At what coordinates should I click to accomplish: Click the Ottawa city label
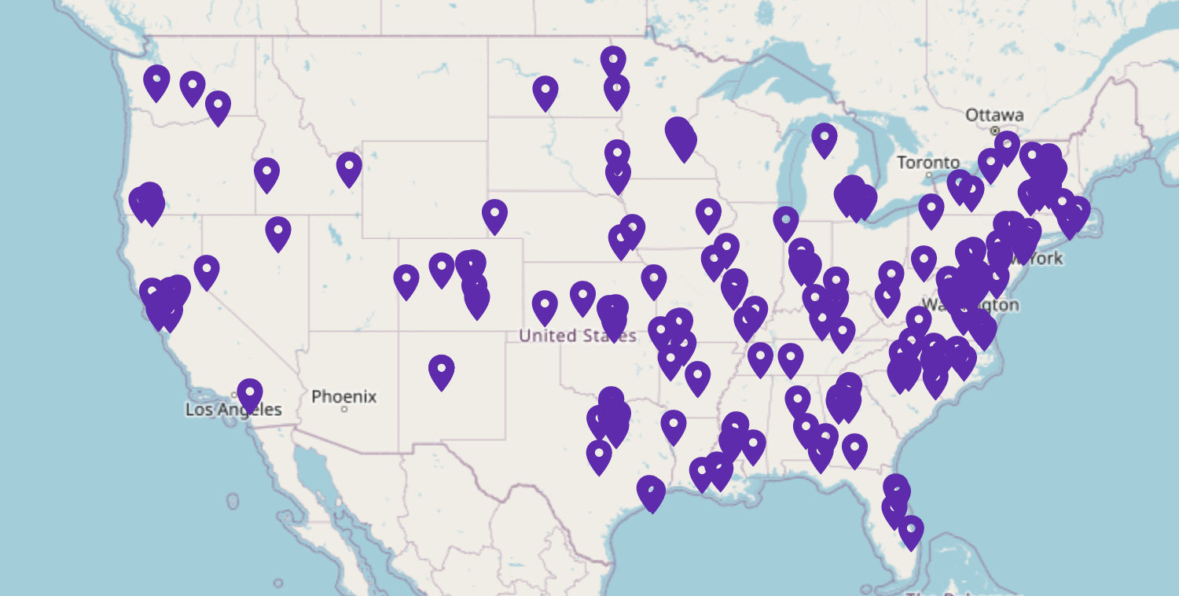click(994, 115)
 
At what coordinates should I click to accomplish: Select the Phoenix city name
click(343, 396)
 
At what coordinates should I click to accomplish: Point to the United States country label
click(577, 336)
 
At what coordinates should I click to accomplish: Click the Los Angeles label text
click(233, 410)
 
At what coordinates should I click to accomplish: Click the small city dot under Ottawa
click(995, 130)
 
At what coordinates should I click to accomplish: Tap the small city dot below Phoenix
click(344, 410)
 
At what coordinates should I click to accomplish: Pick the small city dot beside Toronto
click(928, 175)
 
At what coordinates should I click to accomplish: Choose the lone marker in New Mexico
click(442, 370)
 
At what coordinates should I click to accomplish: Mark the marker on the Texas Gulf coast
click(650, 492)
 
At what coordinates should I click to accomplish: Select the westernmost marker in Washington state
click(156, 81)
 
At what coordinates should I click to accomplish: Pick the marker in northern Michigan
click(824, 138)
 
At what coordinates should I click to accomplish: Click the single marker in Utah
click(277, 233)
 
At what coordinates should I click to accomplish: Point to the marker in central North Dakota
click(545, 92)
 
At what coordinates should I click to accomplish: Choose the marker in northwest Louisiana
click(674, 425)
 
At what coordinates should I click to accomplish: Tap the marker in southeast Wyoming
click(494, 215)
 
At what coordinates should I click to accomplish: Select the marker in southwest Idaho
click(266, 174)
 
